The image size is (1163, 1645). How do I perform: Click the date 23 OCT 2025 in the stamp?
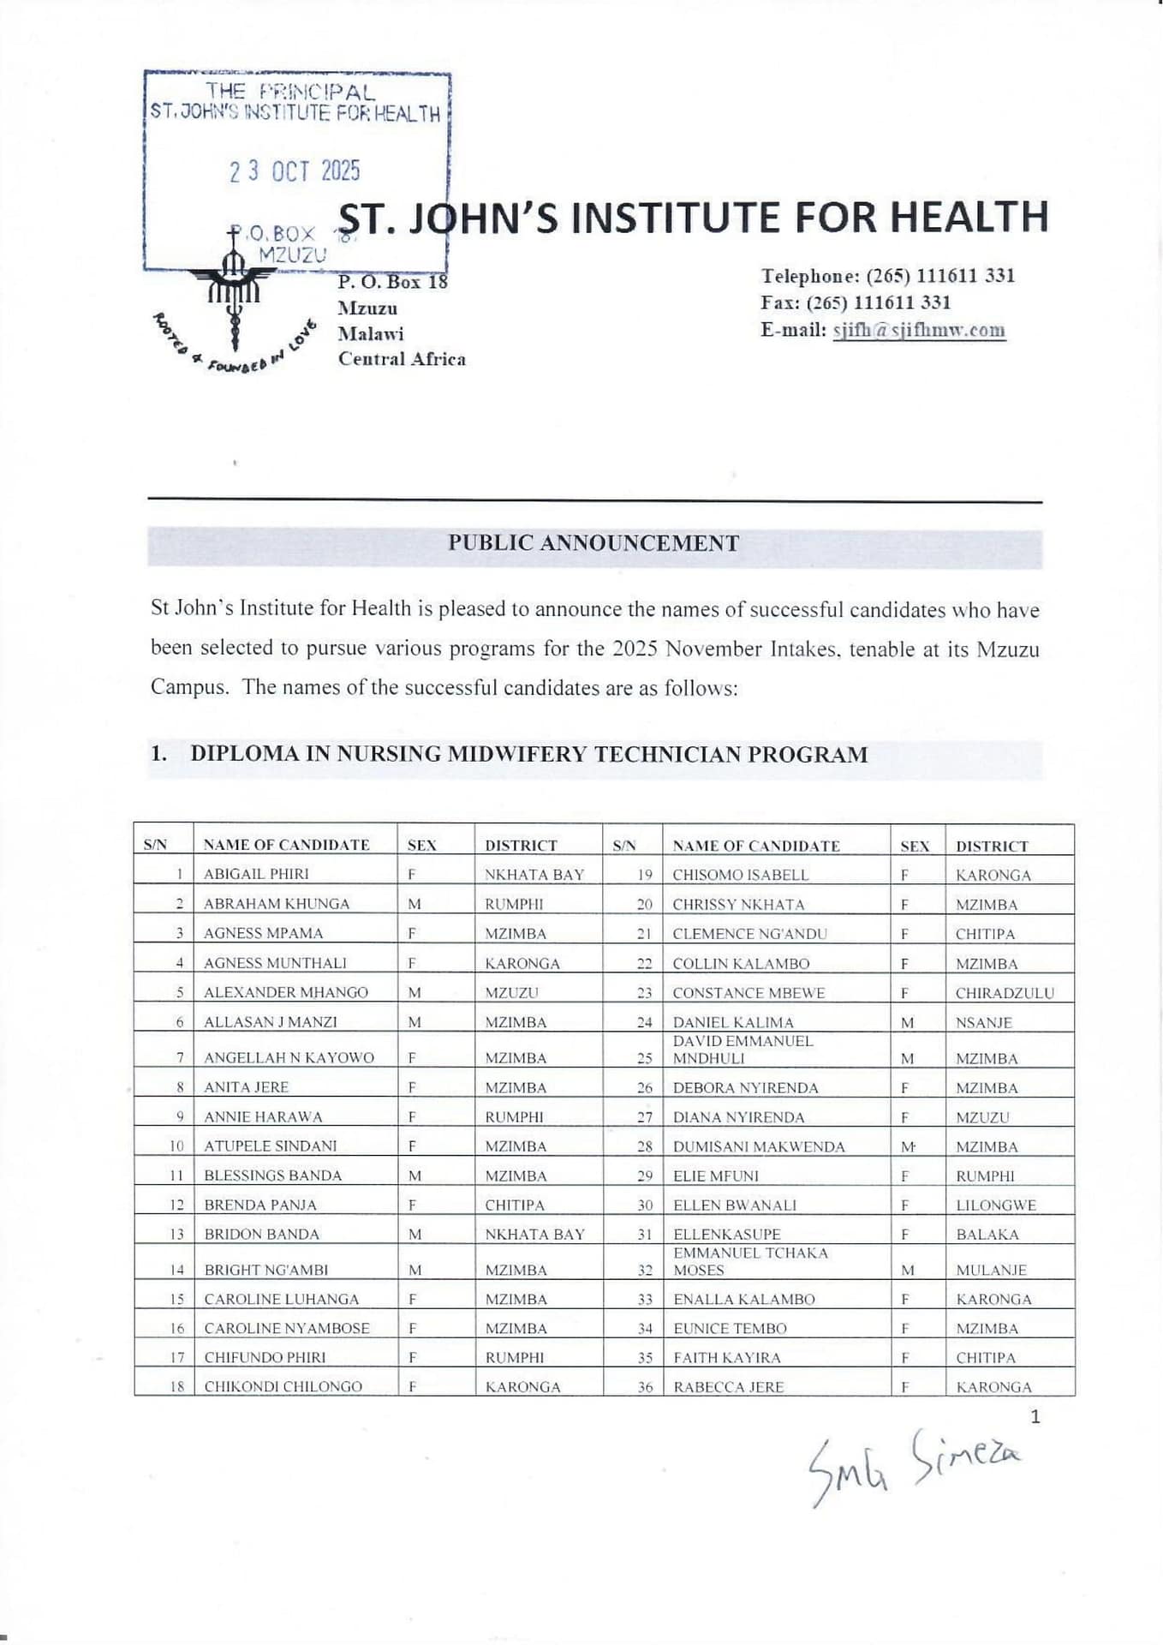[x=294, y=171]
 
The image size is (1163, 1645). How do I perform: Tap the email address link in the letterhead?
[x=918, y=331]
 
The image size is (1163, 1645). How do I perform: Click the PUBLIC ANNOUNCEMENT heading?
[x=593, y=543]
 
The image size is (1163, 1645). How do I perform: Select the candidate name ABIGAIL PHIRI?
[x=256, y=874]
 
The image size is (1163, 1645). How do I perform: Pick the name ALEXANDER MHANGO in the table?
[x=286, y=992]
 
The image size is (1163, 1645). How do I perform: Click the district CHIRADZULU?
[x=1005, y=993]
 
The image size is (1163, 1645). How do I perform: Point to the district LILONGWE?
[x=996, y=1205]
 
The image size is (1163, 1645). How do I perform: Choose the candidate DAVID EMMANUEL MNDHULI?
[x=743, y=1050]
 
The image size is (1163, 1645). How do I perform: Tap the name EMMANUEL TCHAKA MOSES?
[x=750, y=1261]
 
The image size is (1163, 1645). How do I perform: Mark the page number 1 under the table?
[x=1035, y=1417]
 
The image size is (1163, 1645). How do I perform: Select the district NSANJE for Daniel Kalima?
[x=984, y=1023]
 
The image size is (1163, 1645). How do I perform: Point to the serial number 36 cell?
[x=644, y=1387]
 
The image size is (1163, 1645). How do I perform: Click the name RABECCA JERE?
[x=728, y=1387]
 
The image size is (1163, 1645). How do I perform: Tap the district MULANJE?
[x=991, y=1271]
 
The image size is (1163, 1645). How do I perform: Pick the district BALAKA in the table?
[x=987, y=1235]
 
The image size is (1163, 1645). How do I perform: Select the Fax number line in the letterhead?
[x=856, y=302]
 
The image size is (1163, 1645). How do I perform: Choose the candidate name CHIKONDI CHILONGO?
[x=283, y=1386]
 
